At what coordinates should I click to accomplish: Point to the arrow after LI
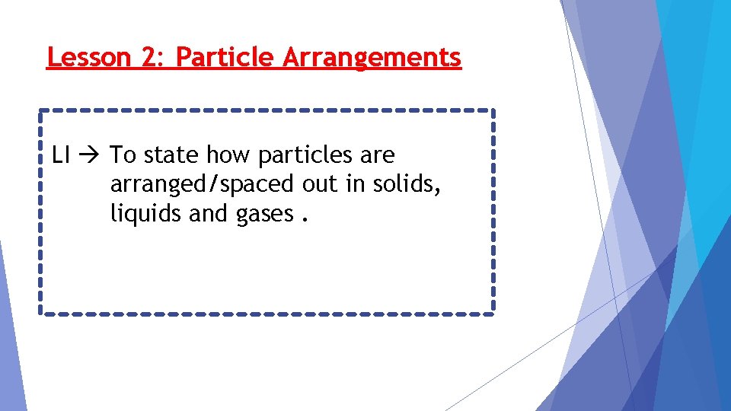91,156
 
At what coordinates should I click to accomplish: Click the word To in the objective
123,155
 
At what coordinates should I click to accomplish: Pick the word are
378,156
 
